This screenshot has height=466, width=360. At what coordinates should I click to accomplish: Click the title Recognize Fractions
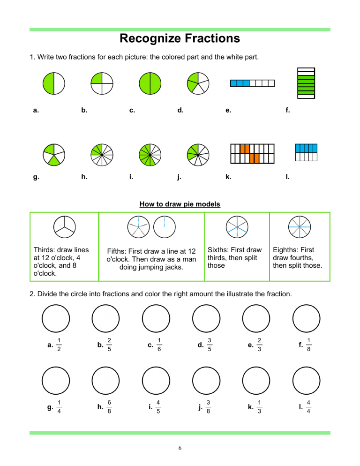[180, 38]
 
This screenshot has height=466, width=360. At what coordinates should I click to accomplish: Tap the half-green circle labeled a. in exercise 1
[54, 84]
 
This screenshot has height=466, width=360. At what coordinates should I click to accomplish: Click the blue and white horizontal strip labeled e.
[252, 83]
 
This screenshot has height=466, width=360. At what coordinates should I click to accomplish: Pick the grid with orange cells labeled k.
[252, 154]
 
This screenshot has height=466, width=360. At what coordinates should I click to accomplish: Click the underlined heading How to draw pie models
[180, 204]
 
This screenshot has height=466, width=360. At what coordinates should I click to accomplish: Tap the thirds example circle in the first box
[64, 225]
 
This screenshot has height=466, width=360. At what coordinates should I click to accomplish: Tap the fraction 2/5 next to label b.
[109, 345]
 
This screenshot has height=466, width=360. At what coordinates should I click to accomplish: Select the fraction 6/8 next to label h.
[109, 407]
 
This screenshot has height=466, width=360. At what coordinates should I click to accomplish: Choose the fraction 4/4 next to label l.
[308, 407]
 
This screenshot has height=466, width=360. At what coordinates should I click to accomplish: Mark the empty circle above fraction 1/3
[256, 380]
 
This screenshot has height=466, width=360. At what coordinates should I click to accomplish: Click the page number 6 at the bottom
[180, 448]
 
